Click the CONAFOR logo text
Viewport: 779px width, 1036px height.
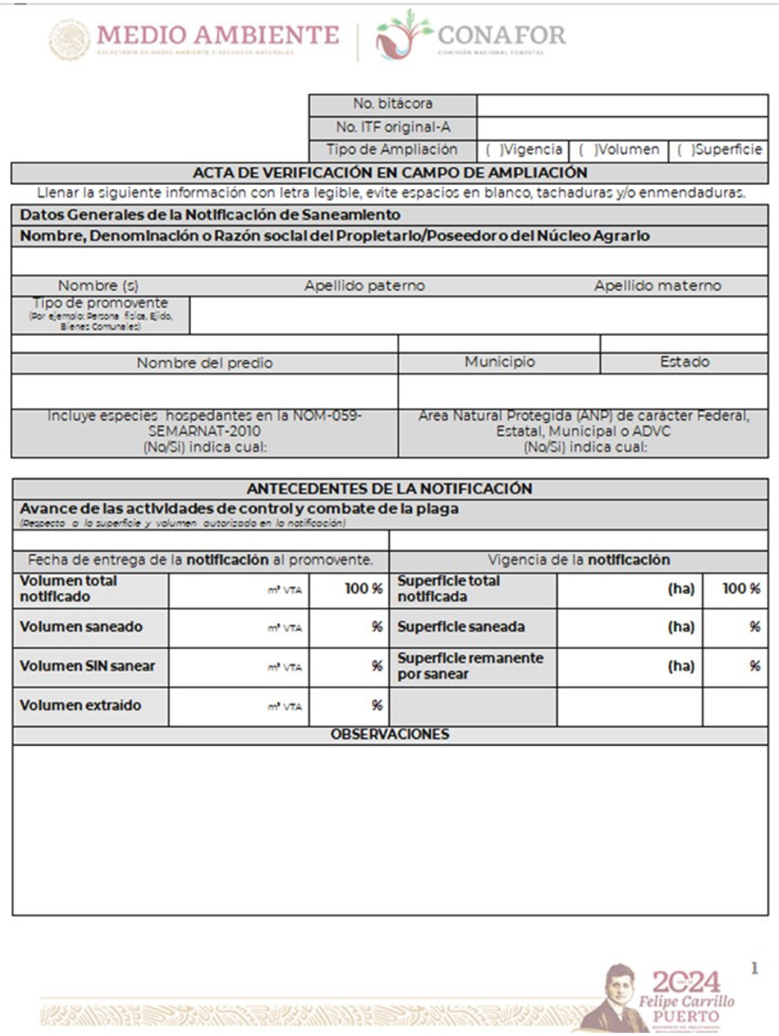coord(501,36)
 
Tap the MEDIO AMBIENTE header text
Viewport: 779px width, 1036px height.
coord(218,36)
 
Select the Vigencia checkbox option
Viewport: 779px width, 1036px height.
coord(490,150)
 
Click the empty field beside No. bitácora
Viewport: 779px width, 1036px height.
coord(622,106)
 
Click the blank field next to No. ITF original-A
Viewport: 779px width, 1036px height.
coord(622,128)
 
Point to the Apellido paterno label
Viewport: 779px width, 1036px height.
coord(365,286)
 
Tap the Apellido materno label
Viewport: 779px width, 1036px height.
coord(658,286)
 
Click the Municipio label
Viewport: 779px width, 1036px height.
coord(500,362)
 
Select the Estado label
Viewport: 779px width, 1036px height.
coord(685,362)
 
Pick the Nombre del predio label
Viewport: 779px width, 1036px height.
coord(205,363)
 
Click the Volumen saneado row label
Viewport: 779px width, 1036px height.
coord(81,627)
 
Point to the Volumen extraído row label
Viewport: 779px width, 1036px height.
coord(80,705)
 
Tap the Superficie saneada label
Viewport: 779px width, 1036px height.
coord(461,627)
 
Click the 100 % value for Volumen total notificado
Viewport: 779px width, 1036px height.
coord(363,589)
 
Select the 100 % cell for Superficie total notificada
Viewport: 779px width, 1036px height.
coord(741,589)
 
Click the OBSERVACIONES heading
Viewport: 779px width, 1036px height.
coord(390,734)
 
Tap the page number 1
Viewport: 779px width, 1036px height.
coord(754,968)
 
